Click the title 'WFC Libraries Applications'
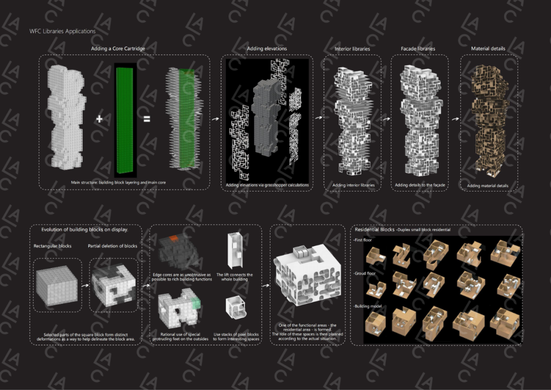pos(63,31)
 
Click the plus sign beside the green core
pos(99,118)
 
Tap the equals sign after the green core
pos(147,119)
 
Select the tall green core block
pos(125,120)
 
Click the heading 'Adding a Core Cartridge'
pos(118,48)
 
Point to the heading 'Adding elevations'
pos(267,48)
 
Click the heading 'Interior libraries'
pos(352,49)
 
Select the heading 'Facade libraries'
pos(418,49)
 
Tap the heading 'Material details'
pos(488,48)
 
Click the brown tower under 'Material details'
pos(489,119)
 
